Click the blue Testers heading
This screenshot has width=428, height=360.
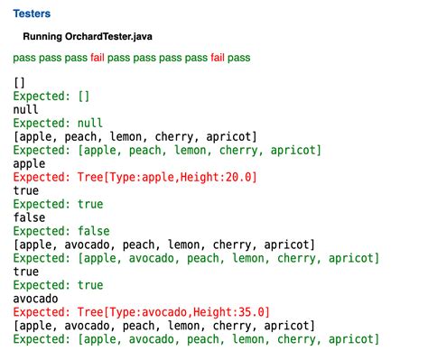(32, 14)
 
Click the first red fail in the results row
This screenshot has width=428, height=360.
(102, 57)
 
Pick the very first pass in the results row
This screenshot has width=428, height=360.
(24, 57)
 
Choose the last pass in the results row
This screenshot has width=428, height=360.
(239, 57)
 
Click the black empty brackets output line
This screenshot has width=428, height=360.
(20, 82)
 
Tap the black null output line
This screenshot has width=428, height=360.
(26, 109)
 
